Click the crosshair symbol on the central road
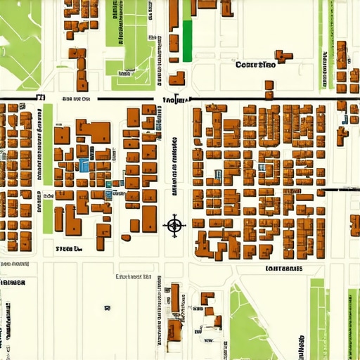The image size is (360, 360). [174, 225]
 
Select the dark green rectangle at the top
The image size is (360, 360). [187, 41]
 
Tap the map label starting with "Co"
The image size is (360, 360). [255, 65]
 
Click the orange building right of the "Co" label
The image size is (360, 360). [283, 56]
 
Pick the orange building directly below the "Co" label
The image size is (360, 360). [269, 89]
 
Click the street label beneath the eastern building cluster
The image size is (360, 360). [284, 269]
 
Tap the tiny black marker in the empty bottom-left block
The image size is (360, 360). [108, 308]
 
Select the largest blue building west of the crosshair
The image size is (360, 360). [84, 165]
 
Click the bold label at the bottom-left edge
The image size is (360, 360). [11, 282]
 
